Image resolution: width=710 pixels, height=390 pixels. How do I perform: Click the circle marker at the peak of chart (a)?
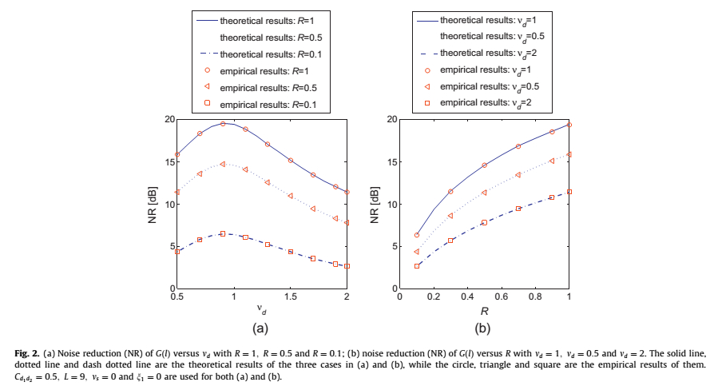pos(223,124)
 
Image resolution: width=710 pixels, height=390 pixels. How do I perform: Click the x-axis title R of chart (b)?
pos(485,309)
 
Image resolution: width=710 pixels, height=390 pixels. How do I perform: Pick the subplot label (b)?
pos(484,328)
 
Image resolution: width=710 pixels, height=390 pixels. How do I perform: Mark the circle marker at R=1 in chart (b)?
pos(569,125)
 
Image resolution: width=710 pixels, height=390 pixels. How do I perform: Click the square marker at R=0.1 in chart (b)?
pos(417,266)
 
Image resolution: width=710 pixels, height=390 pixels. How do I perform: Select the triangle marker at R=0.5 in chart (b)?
pos(485,193)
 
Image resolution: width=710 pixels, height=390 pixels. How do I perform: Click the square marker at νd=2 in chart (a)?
pos(347,266)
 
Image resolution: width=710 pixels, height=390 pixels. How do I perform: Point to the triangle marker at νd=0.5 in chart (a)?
pos(177,193)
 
